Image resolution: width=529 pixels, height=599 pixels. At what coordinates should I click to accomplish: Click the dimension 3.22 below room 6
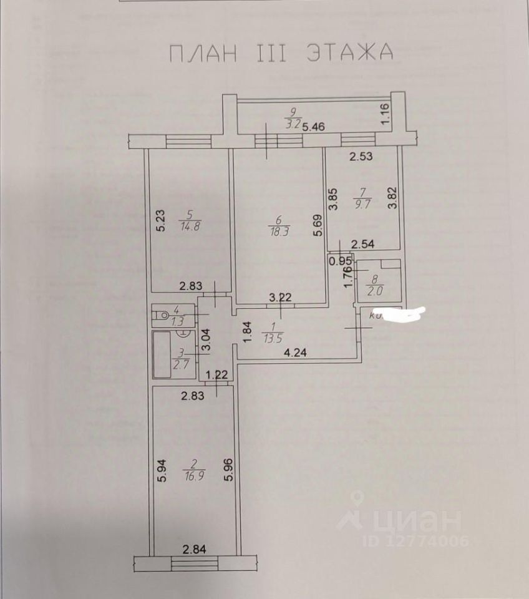(281, 298)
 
